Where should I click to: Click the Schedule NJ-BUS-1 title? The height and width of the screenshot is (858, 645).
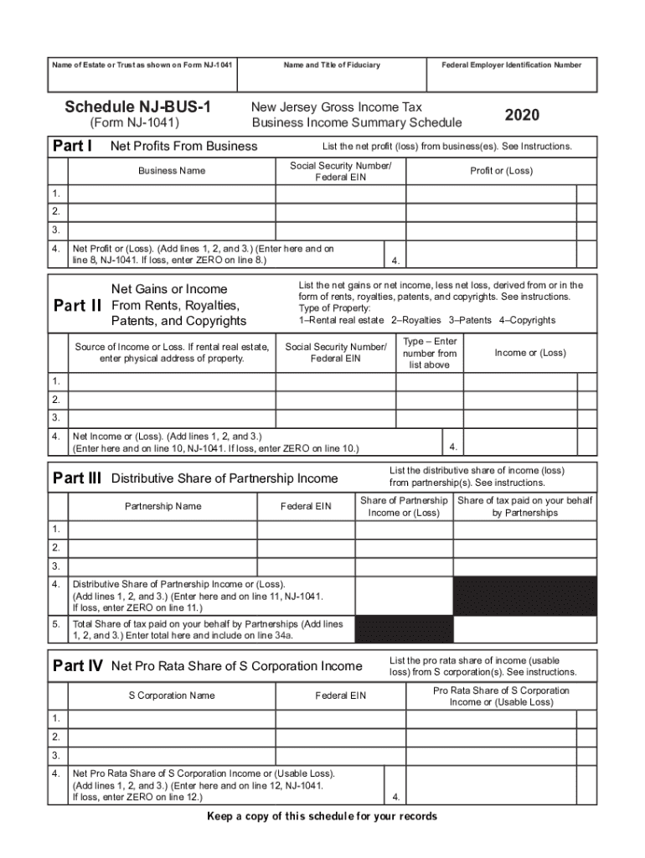pyautogui.click(x=139, y=107)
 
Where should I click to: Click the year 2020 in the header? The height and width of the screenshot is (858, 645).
pyautogui.click(x=522, y=115)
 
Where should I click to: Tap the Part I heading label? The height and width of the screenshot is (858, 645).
pyautogui.click(x=73, y=146)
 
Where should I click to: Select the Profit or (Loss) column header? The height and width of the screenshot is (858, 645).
pyautogui.click(x=501, y=171)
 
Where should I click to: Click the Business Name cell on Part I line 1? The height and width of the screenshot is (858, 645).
pyautogui.click(x=172, y=194)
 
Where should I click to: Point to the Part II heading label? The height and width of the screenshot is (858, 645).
pyautogui.click(x=79, y=305)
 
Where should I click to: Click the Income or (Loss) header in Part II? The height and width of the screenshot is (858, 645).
pyautogui.click(x=529, y=353)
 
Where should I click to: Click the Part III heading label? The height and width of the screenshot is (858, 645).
pyautogui.click(x=77, y=478)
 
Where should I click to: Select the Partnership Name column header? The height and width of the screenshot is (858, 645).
pyautogui.click(x=163, y=506)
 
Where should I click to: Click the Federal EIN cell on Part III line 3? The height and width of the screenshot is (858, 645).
pyautogui.click(x=306, y=566)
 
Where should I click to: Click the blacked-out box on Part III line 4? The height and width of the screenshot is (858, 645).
pyautogui.click(x=525, y=596)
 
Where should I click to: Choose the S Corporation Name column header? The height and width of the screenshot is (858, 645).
pyautogui.click(x=171, y=695)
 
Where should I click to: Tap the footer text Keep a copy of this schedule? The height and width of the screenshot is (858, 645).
pyautogui.click(x=322, y=817)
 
